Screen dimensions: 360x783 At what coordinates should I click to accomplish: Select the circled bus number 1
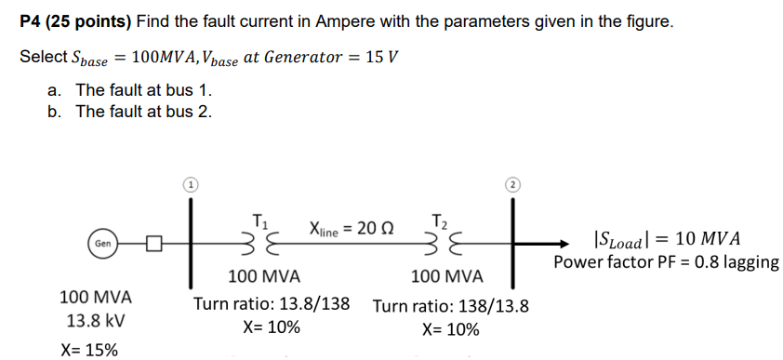(190, 184)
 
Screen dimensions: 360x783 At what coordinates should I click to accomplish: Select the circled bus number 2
(512, 184)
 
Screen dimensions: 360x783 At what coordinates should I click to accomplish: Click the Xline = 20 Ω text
(351, 228)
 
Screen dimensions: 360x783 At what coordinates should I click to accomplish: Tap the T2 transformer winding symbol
(440, 246)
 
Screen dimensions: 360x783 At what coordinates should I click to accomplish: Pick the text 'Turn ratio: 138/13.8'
(451, 306)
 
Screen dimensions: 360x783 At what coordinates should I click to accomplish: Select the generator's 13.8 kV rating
(96, 322)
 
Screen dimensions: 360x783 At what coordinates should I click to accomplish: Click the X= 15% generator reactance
(88, 350)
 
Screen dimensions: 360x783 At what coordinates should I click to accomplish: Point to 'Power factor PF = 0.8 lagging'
(666, 261)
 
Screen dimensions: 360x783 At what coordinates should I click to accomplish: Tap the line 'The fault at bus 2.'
(143, 113)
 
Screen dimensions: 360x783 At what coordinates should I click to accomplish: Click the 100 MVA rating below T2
(447, 277)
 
